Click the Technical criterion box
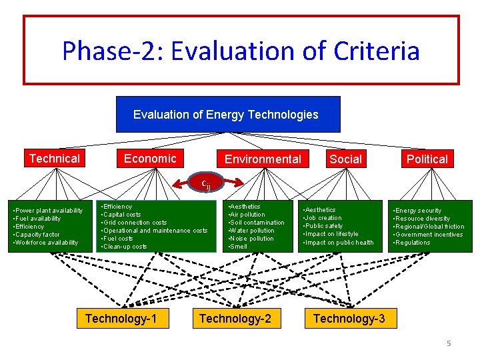pyautogui.click(x=55, y=159)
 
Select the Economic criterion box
pyautogui.click(x=150, y=159)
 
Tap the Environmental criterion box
pyautogui.click(x=263, y=159)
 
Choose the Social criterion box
pyautogui.click(x=345, y=159)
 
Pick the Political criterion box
pyautogui.click(x=427, y=159)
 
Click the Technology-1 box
pyautogui.click(x=121, y=319)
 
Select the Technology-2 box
pyautogui.click(x=235, y=319)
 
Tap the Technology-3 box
pyautogui.click(x=349, y=319)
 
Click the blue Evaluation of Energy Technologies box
pyautogui.click(x=228, y=115)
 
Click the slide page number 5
pyautogui.click(x=449, y=343)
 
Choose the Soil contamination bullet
pyautogui.click(x=257, y=223)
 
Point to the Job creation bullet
pyautogui.click(x=323, y=218)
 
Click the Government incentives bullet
pyautogui.click(x=429, y=235)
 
